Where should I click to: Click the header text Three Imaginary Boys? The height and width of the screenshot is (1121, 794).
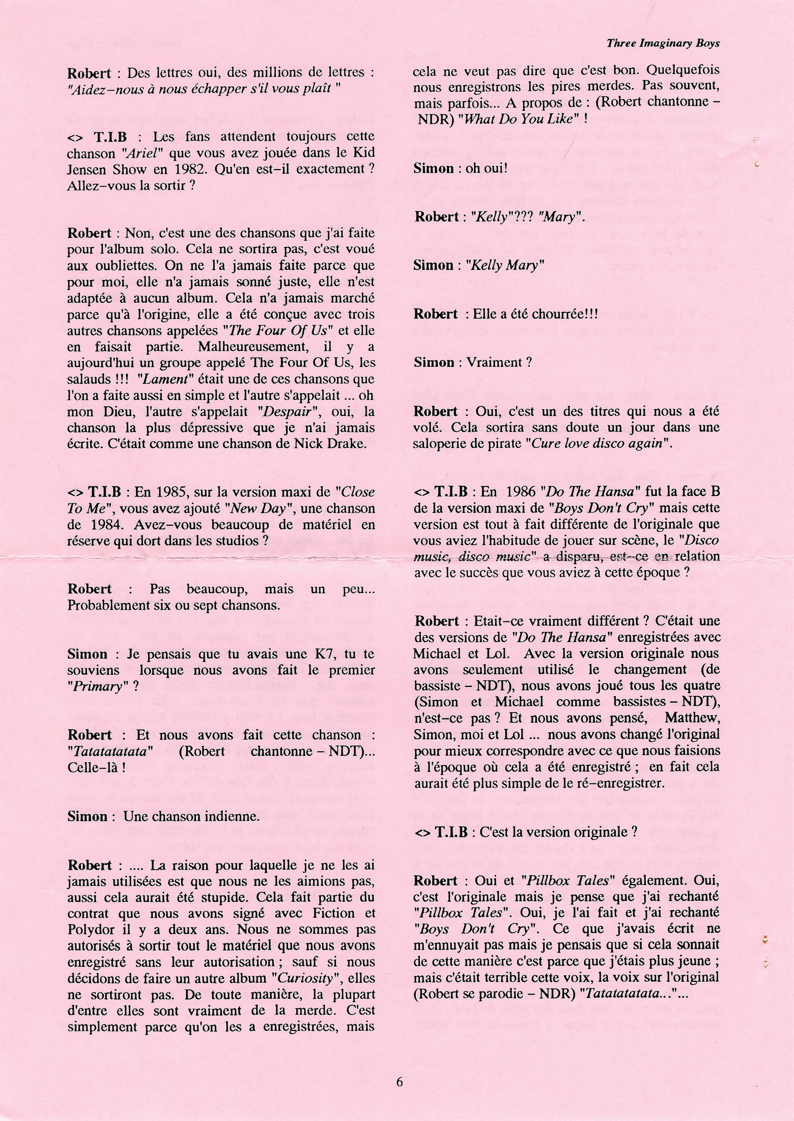coord(663,44)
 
